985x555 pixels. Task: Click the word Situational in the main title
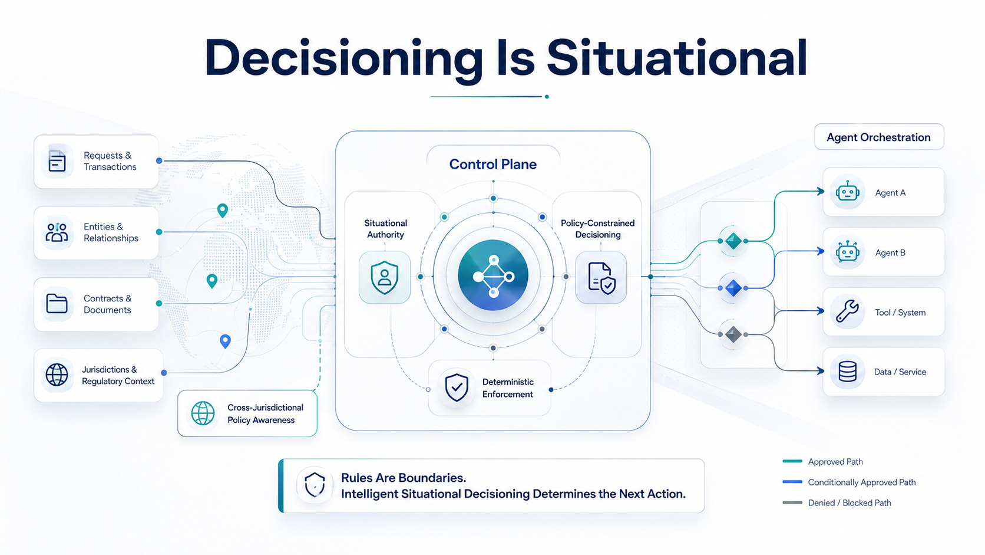pos(677,58)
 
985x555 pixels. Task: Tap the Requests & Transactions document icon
pos(57,160)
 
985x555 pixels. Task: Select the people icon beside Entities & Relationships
pos(57,232)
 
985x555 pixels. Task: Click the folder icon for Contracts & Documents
pos(57,304)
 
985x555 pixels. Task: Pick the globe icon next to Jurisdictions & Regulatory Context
pos(57,375)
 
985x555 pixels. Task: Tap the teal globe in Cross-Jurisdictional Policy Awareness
pos(203,413)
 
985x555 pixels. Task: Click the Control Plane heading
pos(493,164)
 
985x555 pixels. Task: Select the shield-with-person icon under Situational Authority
pos(385,277)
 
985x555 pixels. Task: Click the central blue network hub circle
pos(493,275)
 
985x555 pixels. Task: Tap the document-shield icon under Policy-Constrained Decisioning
pos(601,278)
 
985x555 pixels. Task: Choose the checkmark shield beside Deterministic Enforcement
pos(457,387)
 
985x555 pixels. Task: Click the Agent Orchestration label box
pos(879,137)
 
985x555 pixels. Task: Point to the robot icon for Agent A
pos(847,192)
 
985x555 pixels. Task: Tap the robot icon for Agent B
pos(847,252)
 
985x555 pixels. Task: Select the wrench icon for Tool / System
pos(847,311)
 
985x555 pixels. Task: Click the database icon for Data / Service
pos(847,372)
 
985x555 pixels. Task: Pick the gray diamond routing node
pos(733,334)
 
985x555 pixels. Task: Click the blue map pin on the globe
pos(225,341)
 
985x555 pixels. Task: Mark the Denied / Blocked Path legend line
pos(792,503)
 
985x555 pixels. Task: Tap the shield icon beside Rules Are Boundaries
pos(315,485)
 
